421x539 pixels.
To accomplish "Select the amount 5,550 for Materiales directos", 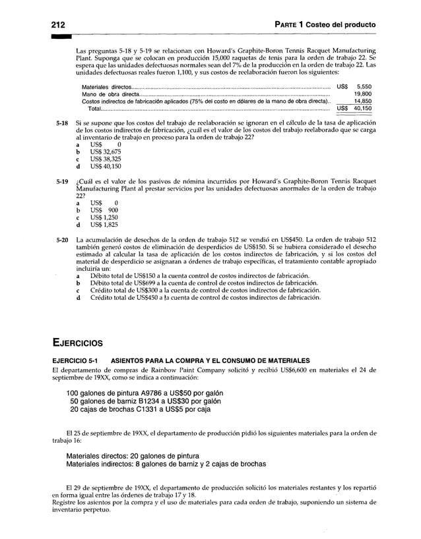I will tap(363, 86).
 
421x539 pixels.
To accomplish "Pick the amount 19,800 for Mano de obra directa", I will tap(362, 94).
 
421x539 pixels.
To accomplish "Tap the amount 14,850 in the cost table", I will tap(362, 101).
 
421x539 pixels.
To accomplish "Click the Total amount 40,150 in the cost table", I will tap(362, 109).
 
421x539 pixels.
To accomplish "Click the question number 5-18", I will tap(63, 123).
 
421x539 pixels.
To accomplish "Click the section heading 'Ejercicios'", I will tap(82, 341).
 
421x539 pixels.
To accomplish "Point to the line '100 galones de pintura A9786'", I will tap(144, 393).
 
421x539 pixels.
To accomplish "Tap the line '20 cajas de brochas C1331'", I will tap(140, 409).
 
